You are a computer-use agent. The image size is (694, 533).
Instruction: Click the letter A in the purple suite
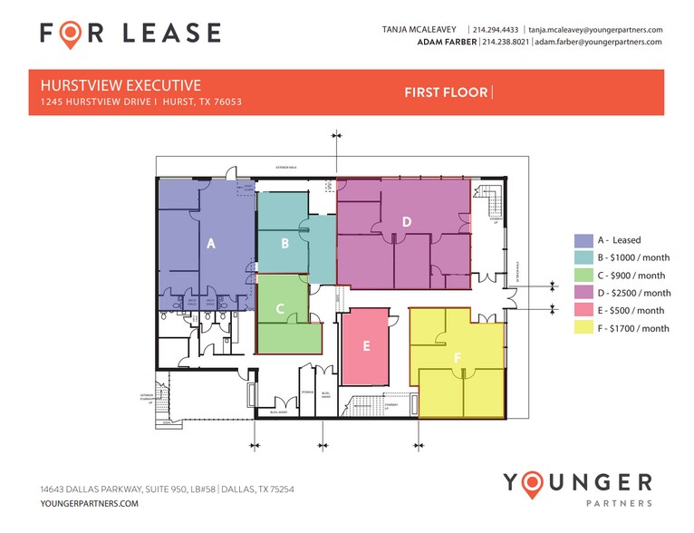coord(211,243)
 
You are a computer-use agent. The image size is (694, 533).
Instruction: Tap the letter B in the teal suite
coord(284,243)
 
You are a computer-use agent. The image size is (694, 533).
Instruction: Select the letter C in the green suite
coord(280,309)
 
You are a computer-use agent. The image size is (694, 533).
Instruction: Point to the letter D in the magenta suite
coord(407,221)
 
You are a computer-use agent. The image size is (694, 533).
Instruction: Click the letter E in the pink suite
coord(366,345)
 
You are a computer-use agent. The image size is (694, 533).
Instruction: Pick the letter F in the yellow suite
coord(458,359)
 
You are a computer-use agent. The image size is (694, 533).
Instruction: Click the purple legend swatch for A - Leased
coord(583,240)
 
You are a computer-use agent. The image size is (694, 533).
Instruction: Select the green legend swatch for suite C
coord(583,276)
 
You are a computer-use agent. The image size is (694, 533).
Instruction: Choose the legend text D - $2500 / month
coord(634,293)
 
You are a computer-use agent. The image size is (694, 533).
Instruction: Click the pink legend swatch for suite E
coord(583,311)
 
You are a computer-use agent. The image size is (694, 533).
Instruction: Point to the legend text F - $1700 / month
coord(633,328)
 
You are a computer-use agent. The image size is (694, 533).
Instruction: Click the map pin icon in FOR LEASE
coord(70,34)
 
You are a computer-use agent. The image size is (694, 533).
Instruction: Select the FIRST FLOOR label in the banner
coord(446,92)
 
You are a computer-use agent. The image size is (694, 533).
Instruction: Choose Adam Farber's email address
coord(598,42)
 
